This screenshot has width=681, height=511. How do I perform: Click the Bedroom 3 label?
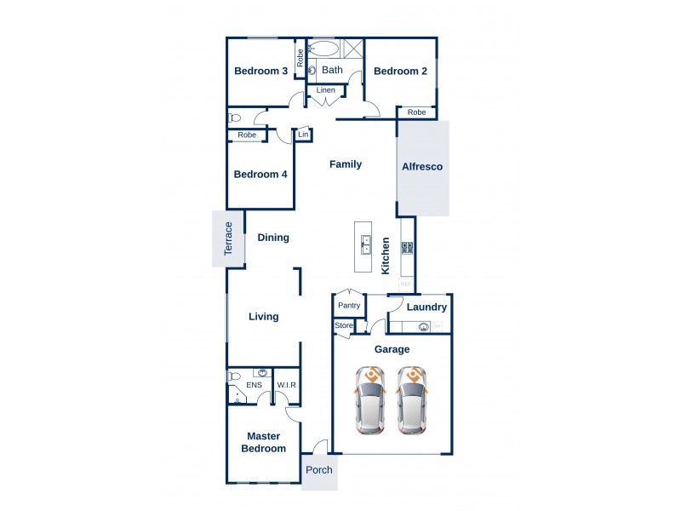click(x=260, y=72)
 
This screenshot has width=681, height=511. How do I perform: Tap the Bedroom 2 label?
click(x=400, y=72)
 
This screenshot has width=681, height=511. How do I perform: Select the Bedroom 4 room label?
click(x=260, y=174)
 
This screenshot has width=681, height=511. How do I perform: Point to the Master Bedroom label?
click(x=263, y=442)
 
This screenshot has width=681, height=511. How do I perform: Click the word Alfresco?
click(x=422, y=166)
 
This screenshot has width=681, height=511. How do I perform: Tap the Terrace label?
click(x=228, y=240)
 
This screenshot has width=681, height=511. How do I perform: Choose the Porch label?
click(x=319, y=470)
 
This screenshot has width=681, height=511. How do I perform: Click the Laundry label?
click(x=426, y=307)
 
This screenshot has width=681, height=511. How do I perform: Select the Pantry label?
click(x=349, y=305)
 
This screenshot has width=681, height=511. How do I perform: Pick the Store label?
click(x=344, y=325)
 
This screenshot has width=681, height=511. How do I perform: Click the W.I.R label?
click(x=286, y=386)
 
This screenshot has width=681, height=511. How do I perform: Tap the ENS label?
click(x=254, y=386)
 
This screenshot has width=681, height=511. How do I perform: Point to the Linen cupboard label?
click(x=326, y=90)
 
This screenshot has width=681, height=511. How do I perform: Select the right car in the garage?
click(x=411, y=402)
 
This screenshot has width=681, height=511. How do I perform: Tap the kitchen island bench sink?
click(x=365, y=246)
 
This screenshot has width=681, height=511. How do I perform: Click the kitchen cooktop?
click(x=408, y=249)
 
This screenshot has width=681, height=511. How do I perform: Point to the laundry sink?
click(x=423, y=326)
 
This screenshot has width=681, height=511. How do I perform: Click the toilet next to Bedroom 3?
click(x=235, y=118)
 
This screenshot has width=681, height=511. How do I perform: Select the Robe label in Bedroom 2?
click(x=416, y=112)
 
